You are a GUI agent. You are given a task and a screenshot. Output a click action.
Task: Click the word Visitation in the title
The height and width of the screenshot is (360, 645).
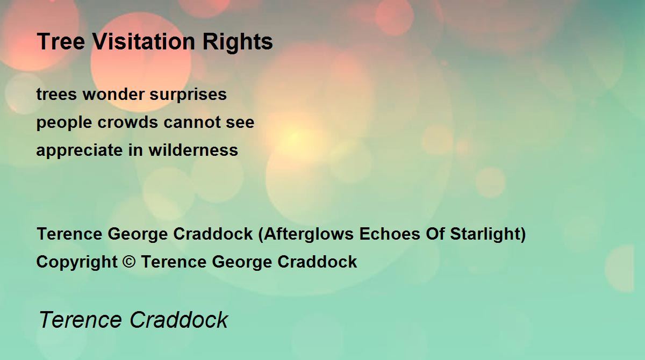(144, 41)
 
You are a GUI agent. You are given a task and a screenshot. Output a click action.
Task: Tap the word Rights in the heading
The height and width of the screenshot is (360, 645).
(238, 42)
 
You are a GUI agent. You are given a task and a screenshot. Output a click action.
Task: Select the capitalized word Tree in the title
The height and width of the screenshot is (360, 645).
(61, 41)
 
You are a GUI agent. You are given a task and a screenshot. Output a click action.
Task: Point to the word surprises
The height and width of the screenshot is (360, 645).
(188, 96)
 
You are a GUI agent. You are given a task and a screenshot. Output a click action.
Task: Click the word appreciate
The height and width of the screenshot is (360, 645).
(80, 151)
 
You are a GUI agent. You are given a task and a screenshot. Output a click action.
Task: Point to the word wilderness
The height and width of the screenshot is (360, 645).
(193, 150)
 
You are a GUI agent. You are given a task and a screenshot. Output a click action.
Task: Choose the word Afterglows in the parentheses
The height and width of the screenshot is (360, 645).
(309, 234)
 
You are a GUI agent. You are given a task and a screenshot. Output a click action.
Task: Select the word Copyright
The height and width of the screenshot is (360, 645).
(77, 262)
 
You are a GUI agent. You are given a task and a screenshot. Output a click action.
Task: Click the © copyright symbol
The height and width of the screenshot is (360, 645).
(129, 262)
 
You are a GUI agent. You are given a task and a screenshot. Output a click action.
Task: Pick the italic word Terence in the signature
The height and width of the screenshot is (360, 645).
(80, 320)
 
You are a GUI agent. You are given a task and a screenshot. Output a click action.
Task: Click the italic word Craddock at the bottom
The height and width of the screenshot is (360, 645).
(179, 320)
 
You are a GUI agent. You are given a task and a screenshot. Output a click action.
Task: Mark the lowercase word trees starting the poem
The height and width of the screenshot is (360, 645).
(57, 95)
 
